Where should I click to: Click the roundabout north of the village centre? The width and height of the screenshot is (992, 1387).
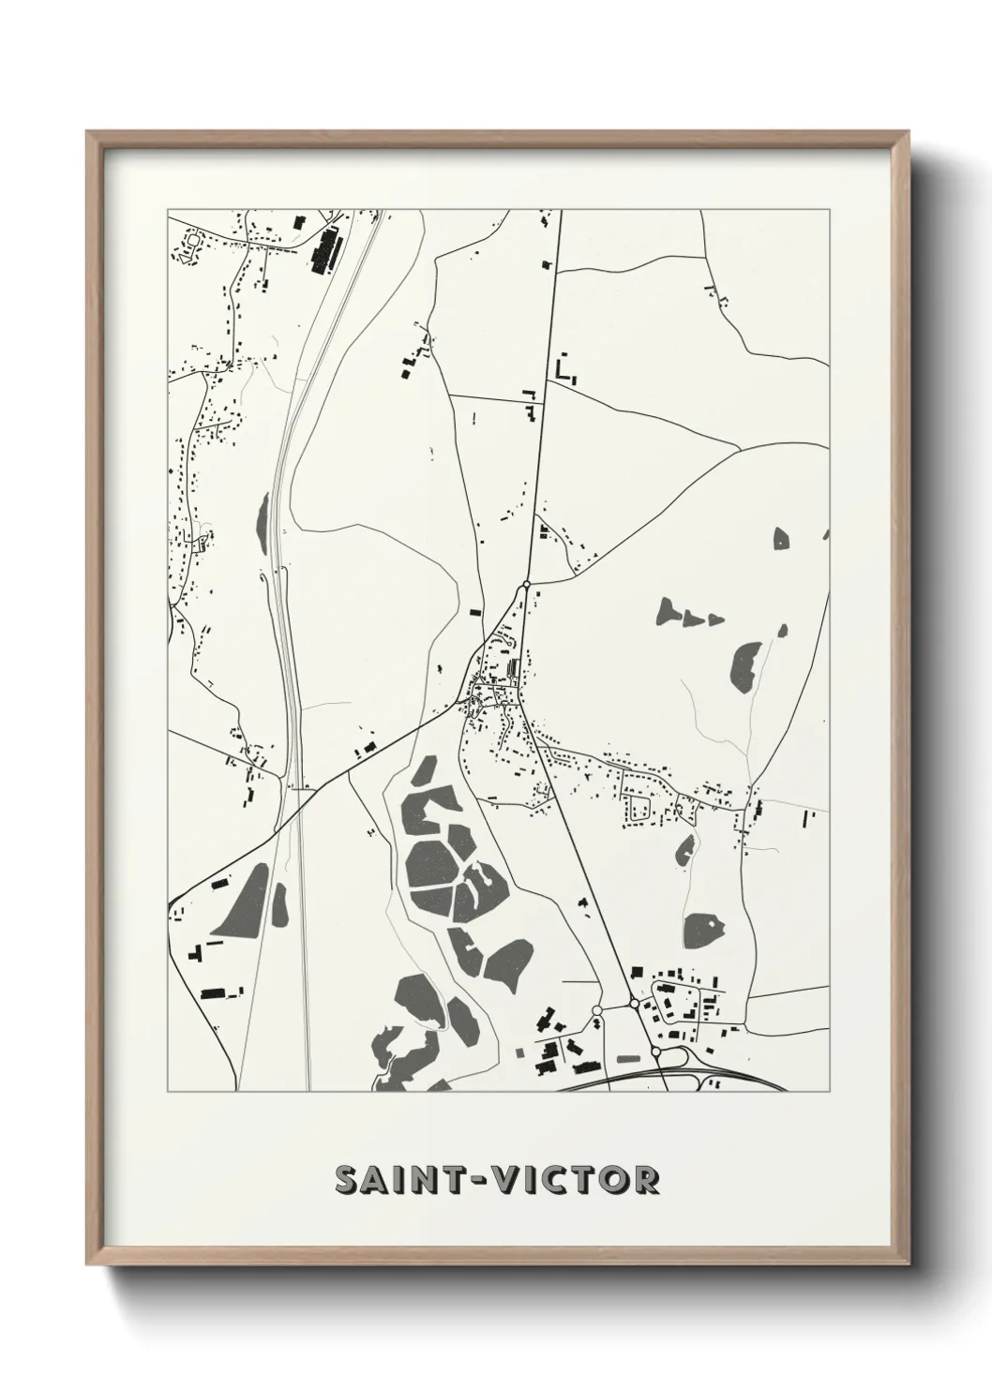click(x=527, y=585)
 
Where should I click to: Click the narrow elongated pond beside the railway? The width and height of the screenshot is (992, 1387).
click(x=261, y=517)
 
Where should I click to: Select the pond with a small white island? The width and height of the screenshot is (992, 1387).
click(x=704, y=929)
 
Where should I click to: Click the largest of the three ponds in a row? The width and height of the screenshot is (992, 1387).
click(x=671, y=611)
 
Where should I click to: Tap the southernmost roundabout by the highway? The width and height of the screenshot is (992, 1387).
click(x=655, y=1052)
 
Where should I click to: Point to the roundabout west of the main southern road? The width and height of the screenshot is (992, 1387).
click(x=597, y=1010)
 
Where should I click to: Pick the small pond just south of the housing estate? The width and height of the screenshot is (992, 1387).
click(x=684, y=850)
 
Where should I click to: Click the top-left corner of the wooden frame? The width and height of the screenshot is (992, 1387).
click(x=90, y=134)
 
